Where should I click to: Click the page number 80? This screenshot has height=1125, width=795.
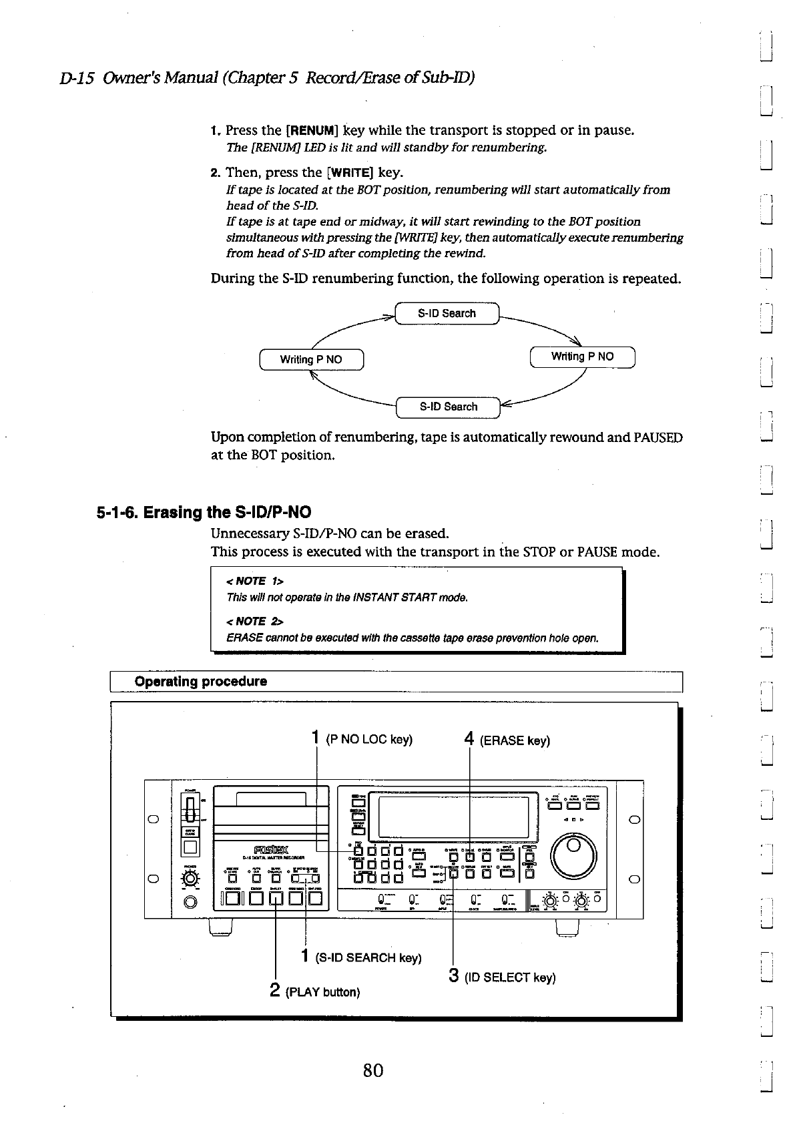(373, 1071)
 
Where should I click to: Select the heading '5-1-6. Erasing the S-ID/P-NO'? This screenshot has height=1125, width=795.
(204, 513)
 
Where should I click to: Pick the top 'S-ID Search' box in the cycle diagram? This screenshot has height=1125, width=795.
(447, 313)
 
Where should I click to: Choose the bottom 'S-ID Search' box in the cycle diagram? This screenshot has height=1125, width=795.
(448, 407)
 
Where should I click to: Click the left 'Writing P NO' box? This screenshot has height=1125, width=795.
(311, 359)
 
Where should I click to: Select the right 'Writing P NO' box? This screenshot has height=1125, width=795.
(582, 357)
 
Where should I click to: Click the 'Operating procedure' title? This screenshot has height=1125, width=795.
(201, 681)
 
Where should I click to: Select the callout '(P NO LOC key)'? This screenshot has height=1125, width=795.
(369, 740)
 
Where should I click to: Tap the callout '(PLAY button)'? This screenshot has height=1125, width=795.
(322, 991)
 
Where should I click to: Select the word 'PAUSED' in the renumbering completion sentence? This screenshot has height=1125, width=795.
(657, 438)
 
